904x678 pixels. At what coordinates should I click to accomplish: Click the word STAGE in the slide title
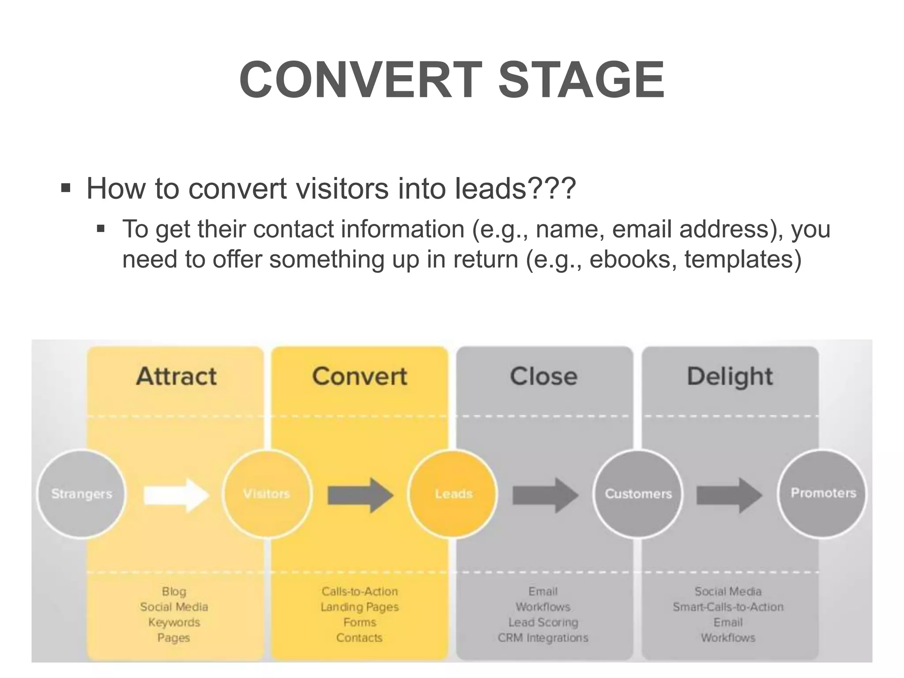pyautogui.click(x=581, y=80)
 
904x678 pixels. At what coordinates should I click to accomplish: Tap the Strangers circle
pyautogui.click(x=82, y=493)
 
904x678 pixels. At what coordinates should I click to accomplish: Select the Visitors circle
pyautogui.click(x=267, y=493)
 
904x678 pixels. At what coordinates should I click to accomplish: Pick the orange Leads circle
pyautogui.click(x=453, y=493)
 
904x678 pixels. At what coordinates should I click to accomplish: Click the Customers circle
pyautogui.click(x=638, y=493)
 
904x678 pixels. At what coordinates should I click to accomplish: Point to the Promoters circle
pyautogui.click(x=823, y=493)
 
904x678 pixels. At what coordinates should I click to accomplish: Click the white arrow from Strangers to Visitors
pyautogui.click(x=176, y=495)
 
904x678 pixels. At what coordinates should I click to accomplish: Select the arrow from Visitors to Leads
pyautogui.click(x=360, y=495)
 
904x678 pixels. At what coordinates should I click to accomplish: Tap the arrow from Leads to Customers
pyautogui.click(x=545, y=495)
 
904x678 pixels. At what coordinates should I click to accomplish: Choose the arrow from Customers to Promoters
pyautogui.click(x=729, y=495)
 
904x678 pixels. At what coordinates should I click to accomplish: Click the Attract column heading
pyautogui.click(x=176, y=377)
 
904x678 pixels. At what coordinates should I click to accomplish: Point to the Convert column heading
pyautogui.click(x=360, y=377)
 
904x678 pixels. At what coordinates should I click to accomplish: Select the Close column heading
pyautogui.click(x=544, y=377)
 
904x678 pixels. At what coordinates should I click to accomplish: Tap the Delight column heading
pyautogui.click(x=730, y=377)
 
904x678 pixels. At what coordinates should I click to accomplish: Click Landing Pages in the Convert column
pyautogui.click(x=360, y=607)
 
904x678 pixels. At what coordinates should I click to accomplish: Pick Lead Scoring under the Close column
pyautogui.click(x=543, y=622)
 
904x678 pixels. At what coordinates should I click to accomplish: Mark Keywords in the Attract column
pyautogui.click(x=174, y=622)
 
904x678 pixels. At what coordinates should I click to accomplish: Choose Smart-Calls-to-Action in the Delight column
pyautogui.click(x=728, y=607)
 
